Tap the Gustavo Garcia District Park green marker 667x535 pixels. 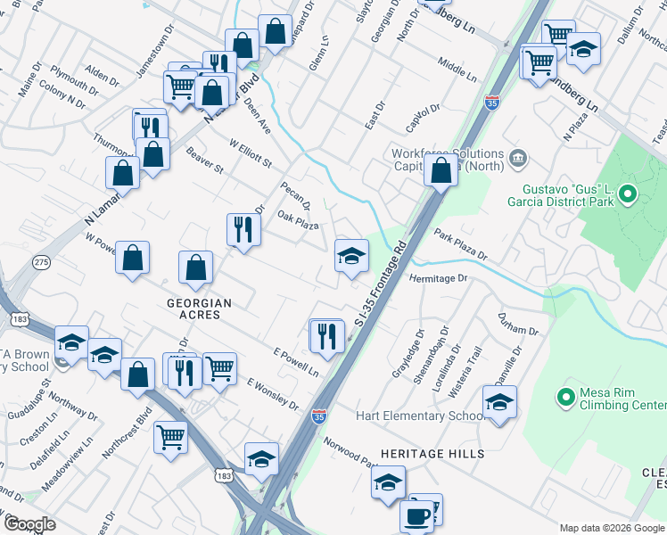click(x=627, y=193)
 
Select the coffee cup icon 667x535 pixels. click(x=416, y=514)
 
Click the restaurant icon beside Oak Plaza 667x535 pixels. click(x=243, y=229)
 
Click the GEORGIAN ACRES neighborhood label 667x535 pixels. click(x=200, y=303)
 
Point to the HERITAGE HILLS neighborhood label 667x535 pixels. click(x=432, y=454)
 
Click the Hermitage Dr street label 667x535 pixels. click(x=438, y=279)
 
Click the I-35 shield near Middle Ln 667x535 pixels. click(x=491, y=103)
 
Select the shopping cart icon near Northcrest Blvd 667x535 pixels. click(x=171, y=436)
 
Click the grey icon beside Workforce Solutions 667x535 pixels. click(x=518, y=160)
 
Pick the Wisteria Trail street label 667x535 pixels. click(x=477, y=361)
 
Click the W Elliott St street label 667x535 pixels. click(x=250, y=153)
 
